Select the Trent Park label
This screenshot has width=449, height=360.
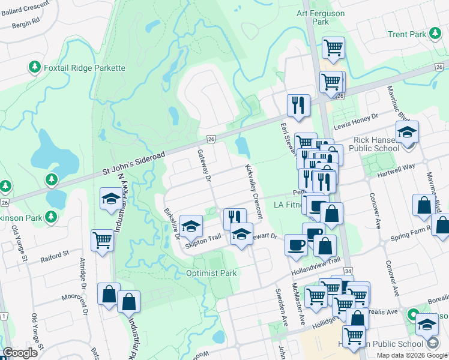click(406, 35)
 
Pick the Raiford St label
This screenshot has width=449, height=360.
click(55, 258)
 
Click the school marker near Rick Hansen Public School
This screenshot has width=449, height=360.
click(407, 132)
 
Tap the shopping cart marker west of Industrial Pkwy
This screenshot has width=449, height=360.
click(102, 241)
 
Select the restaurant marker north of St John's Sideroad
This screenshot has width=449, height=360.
click(298, 105)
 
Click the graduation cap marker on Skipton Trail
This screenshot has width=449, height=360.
click(191, 226)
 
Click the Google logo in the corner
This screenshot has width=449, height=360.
click(20, 353)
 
